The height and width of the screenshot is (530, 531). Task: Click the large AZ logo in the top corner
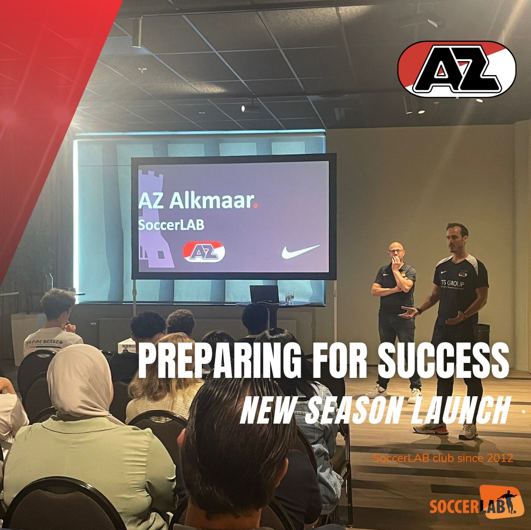pos(456,69)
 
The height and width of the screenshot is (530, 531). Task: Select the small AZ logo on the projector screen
pos(204,252)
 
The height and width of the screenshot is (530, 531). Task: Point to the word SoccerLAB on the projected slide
pos(171,224)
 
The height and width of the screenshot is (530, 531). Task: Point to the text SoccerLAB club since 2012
pos(443,458)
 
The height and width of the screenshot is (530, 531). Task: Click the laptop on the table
pos(264,294)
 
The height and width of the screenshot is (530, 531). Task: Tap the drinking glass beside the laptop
pos(290,297)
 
